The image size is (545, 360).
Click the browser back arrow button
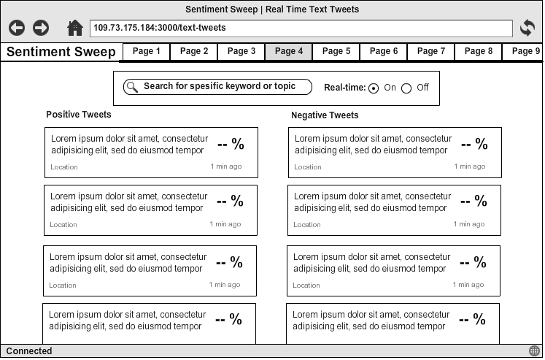click(17, 28)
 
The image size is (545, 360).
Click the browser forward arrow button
click(41, 28)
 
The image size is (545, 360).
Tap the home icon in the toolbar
click(74, 28)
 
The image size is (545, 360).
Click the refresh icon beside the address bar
click(527, 28)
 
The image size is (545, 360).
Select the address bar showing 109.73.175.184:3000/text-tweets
click(301, 28)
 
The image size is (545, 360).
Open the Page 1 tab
click(147, 52)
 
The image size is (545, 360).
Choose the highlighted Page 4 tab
click(289, 52)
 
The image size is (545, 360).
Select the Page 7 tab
click(431, 52)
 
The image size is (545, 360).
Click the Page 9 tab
click(525, 52)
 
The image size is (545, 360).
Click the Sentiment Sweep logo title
click(61, 52)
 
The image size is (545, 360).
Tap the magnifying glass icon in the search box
click(132, 87)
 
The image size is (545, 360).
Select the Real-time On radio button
click(374, 88)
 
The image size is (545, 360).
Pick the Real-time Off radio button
click(406, 88)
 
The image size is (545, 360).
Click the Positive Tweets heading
click(79, 115)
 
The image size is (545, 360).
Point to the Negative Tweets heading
click(325, 115)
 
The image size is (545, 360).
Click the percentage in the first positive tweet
click(231, 144)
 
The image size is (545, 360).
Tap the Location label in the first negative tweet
click(308, 167)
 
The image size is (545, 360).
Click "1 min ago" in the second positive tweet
click(225, 224)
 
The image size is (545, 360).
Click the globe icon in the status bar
click(535, 351)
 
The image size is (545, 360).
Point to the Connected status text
click(29, 351)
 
